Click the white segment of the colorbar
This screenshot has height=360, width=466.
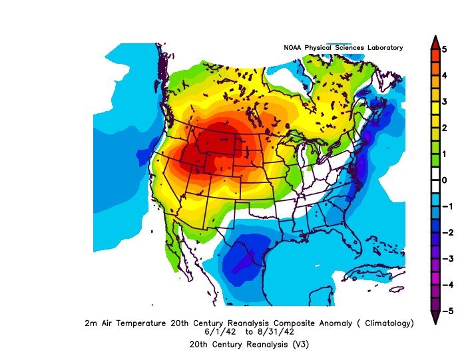435,180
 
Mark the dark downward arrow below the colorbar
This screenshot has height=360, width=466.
435,318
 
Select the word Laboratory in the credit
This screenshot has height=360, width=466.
383,48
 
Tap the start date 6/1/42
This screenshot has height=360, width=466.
218,331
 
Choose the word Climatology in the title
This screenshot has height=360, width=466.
386,323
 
